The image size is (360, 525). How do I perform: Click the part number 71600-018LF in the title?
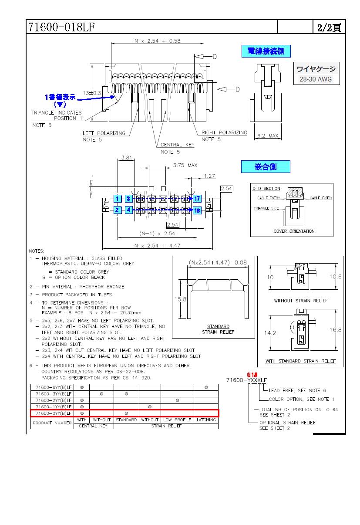point(61,27)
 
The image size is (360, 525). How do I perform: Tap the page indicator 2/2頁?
point(329,27)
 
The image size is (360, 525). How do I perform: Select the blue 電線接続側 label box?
point(266,51)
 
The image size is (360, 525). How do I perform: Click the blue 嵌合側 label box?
point(266,166)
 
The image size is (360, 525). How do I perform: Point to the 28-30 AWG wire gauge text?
point(316,79)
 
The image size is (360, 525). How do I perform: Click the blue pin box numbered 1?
point(117,199)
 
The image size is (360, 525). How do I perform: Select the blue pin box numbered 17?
point(197,199)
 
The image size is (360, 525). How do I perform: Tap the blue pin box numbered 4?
point(128,210)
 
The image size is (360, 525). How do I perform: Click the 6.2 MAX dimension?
point(267,136)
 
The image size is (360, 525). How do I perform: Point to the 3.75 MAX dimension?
point(185,165)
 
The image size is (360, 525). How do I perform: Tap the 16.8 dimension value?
point(336,330)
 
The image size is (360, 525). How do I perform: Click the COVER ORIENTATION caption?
point(293,231)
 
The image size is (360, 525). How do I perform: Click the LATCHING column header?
point(206,420)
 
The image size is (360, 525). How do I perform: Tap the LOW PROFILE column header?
point(177,420)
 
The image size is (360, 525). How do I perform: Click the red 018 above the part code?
point(252,375)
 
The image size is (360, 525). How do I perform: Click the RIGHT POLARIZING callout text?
point(224,133)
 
